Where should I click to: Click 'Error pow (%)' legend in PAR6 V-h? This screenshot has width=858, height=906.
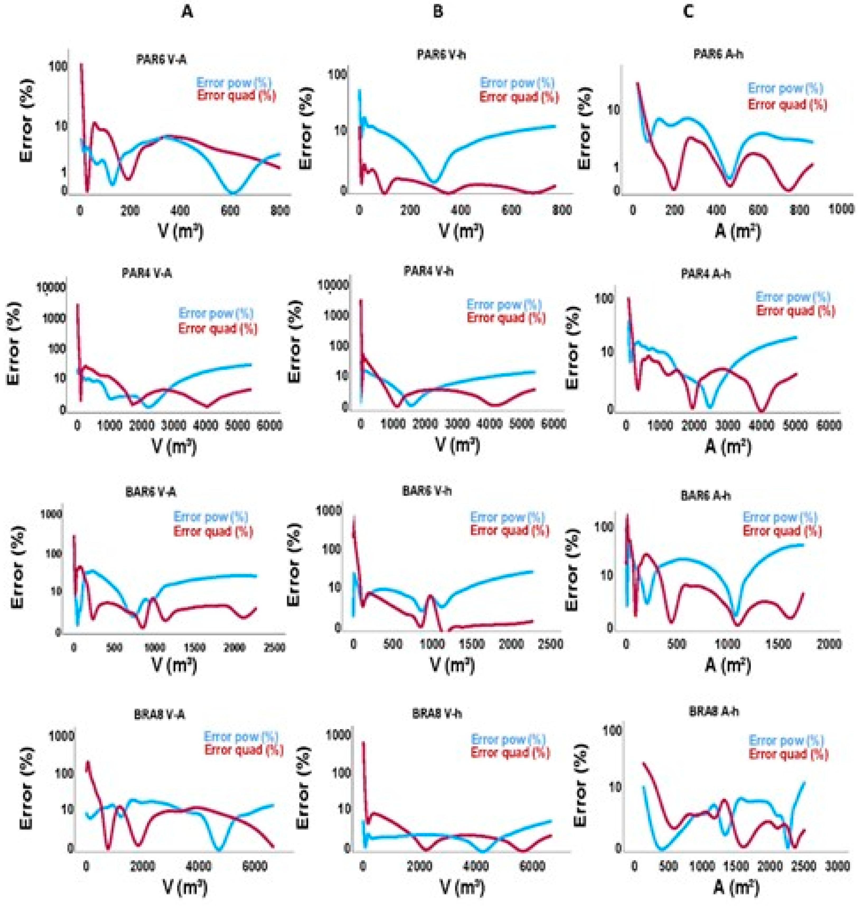(x=517, y=83)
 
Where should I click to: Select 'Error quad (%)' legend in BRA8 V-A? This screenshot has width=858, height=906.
(x=244, y=750)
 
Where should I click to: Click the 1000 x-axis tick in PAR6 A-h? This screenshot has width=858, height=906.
(x=842, y=209)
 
